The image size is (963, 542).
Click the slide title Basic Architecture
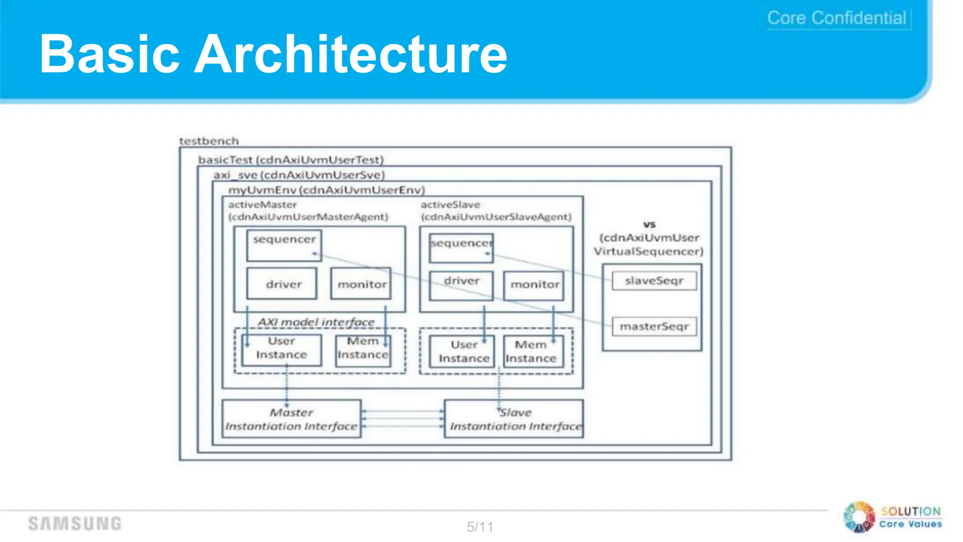(273, 54)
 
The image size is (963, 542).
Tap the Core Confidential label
(837, 18)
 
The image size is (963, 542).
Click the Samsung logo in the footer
(75, 523)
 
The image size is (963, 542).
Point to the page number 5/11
(480, 526)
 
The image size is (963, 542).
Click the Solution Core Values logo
(893, 518)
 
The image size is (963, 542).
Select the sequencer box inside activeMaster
(284, 245)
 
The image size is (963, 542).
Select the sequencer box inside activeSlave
(461, 248)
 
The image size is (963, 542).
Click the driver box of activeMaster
(282, 284)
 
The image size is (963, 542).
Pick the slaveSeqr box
(654, 281)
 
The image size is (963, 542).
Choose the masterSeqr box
(654, 327)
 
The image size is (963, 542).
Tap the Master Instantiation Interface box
(292, 419)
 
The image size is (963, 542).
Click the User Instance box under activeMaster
(282, 350)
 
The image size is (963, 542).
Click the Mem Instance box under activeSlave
(533, 351)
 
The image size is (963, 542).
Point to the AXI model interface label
(316, 322)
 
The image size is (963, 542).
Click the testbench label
(209, 141)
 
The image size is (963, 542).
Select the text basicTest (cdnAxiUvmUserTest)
(291, 160)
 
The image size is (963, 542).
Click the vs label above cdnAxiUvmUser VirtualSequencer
(649, 224)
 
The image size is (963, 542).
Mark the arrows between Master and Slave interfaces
(403, 419)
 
